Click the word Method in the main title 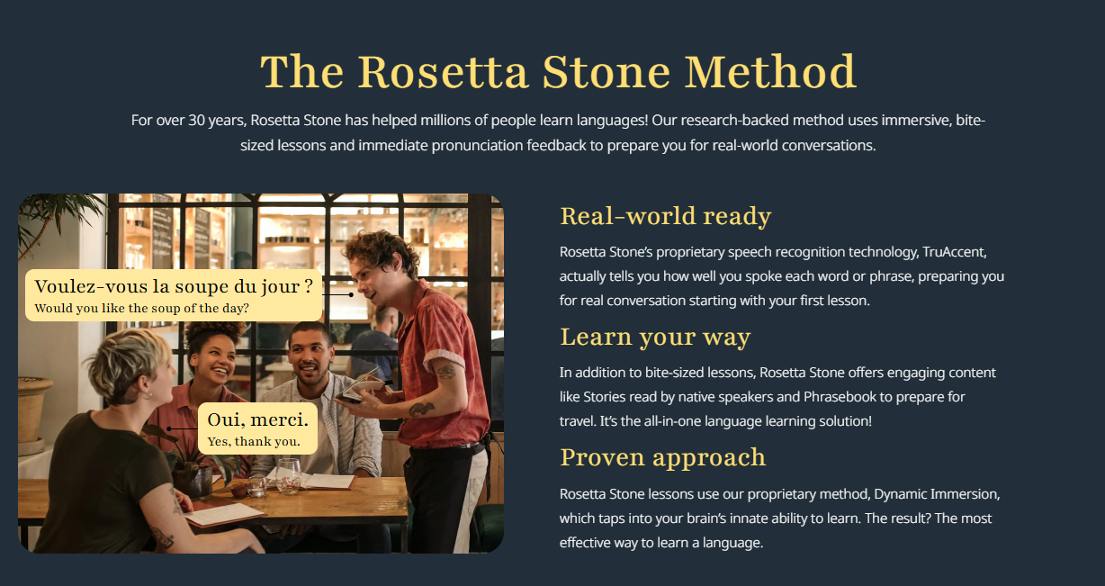tap(770, 72)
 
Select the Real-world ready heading tap(666, 216)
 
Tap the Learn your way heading tap(655, 338)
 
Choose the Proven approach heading tap(662, 457)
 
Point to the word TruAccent tap(954, 252)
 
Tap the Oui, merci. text tap(257, 419)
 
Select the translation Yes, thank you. tap(254, 441)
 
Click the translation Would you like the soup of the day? tap(141, 309)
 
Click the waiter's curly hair tap(381, 251)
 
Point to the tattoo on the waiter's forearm tap(422, 409)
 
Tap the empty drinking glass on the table tap(289, 475)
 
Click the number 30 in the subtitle tap(196, 121)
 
